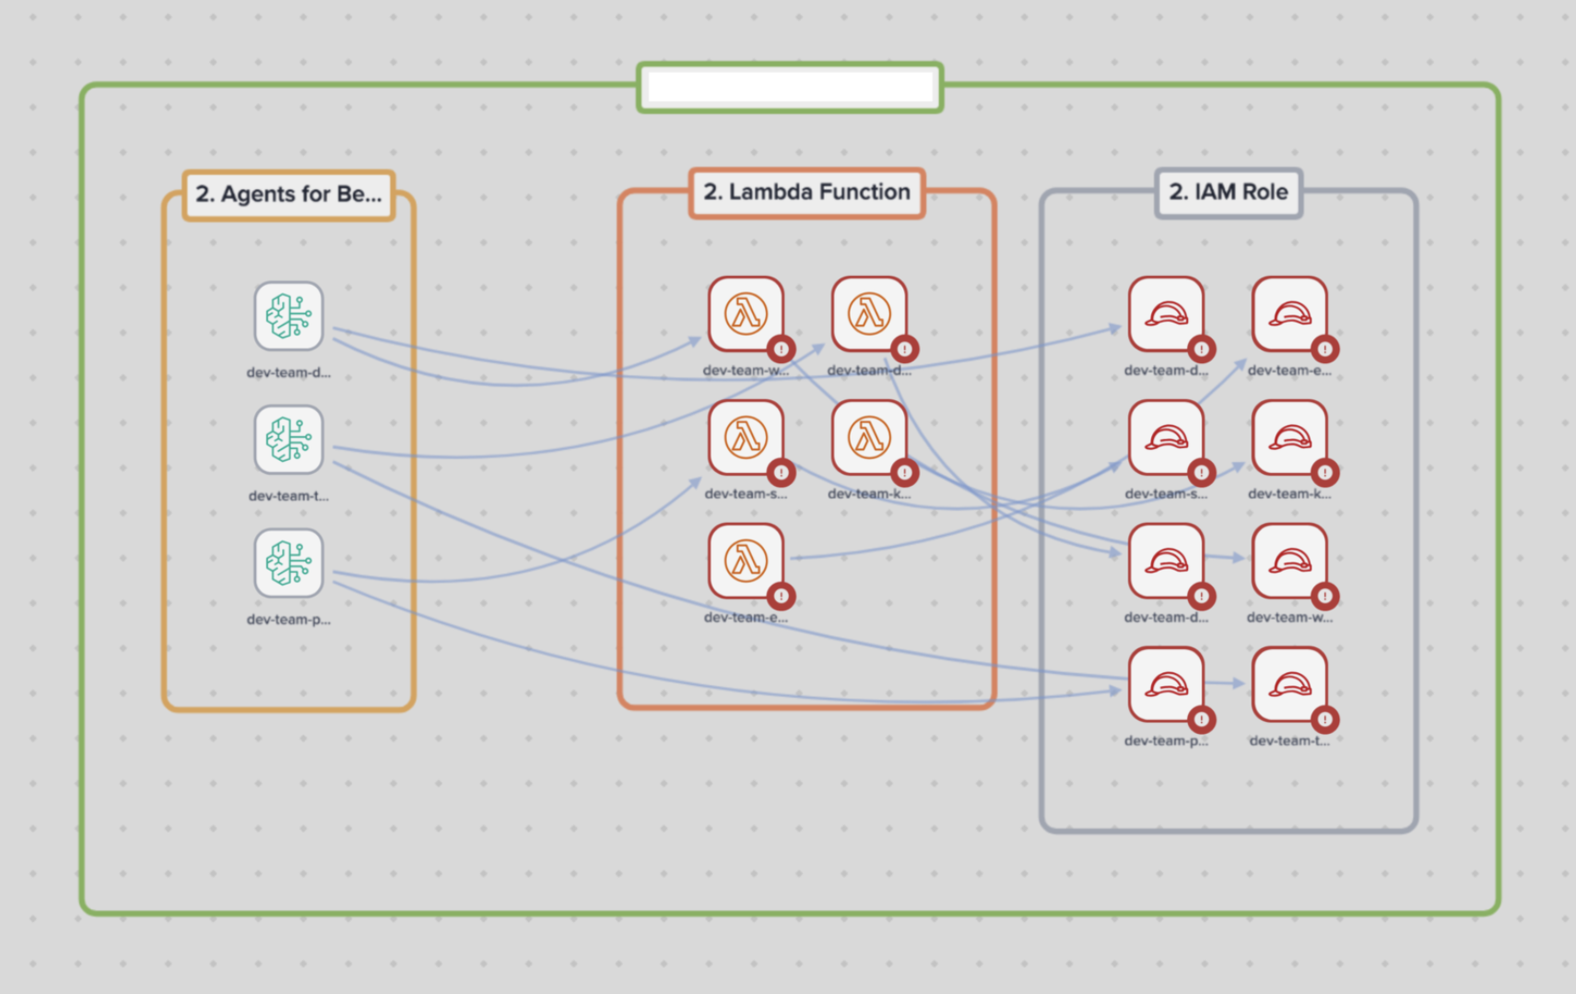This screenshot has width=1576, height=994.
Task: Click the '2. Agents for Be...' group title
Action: click(x=288, y=195)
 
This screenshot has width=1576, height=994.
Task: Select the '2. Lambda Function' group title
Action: click(x=806, y=192)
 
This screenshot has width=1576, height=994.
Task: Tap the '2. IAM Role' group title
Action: click(x=1229, y=192)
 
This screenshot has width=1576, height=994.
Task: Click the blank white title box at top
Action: click(x=790, y=88)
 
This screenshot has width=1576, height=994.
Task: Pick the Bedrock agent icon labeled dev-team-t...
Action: click(x=288, y=439)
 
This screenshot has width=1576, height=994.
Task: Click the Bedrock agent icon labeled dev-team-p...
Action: click(x=288, y=562)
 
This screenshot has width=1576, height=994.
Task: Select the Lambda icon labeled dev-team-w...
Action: click(x=746, y=314)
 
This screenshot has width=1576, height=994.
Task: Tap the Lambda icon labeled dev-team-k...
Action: click(x=869, y=437)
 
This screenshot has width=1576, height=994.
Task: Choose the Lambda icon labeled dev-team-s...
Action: click(x=746, y=437)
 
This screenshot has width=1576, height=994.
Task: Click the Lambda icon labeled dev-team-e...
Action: click(x=746, y=561)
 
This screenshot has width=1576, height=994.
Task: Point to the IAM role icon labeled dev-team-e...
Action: click(x=1289, y=314)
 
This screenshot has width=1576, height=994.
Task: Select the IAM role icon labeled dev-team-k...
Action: click(x=1289, y=437)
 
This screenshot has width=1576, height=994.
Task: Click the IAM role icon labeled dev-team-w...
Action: click(x=1289, y=561)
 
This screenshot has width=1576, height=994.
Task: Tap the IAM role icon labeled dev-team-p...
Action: click(x=1166, y=684)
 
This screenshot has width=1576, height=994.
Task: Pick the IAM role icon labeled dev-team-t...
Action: click(x=1289, y=684)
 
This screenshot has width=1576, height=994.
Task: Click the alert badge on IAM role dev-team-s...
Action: click(x=1201, y=473)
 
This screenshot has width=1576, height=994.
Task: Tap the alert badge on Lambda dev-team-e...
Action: click(x=782, y=596)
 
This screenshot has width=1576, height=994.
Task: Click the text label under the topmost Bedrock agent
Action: click(x=288, y=373)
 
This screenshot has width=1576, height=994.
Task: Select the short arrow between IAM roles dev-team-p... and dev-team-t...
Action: click(x=1227, y=683)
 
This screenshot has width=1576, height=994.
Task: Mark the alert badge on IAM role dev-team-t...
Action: click(x=1325, y=719)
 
